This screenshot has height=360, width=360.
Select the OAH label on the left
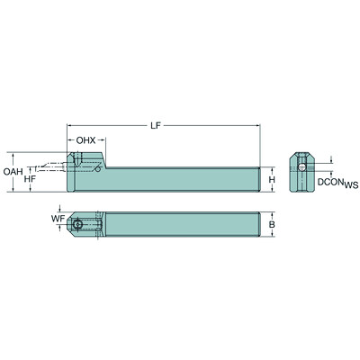(13, 172)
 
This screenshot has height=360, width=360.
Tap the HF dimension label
(30, 180)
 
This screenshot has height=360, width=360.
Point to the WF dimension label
(56, 217)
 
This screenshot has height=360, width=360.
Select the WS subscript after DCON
(350, 185)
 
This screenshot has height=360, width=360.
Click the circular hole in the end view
(304, 168)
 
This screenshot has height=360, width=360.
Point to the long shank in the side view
(180, 180)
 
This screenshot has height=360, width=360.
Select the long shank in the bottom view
(180, 224)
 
